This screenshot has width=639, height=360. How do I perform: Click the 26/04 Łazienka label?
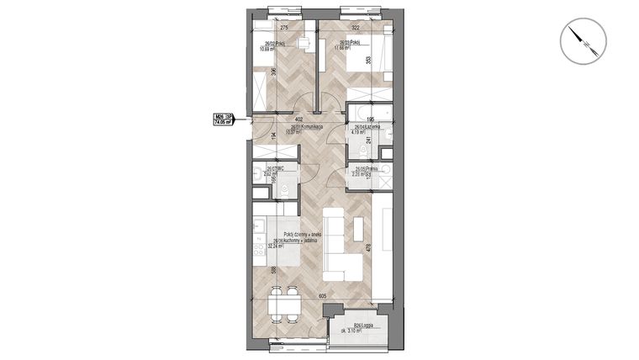[x=367, y=128]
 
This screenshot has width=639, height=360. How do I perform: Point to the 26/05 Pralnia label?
[x=365, y=170]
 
